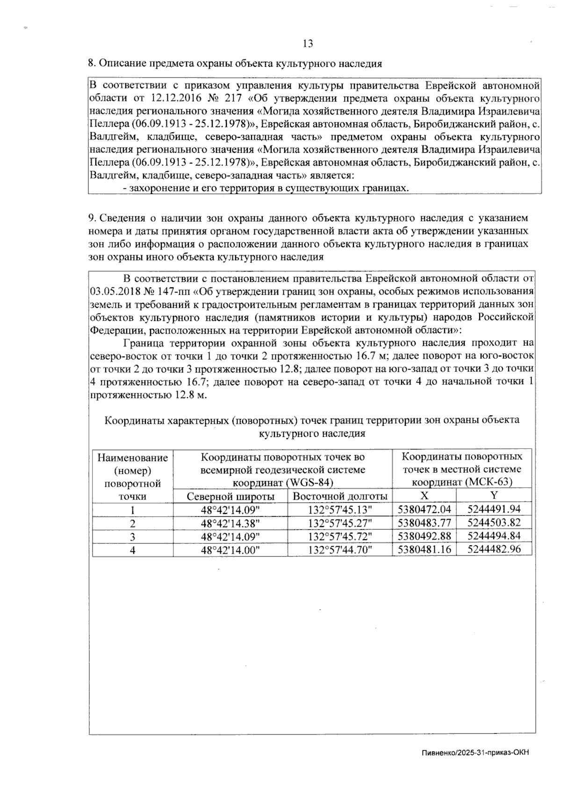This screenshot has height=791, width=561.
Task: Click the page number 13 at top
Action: click(308, 44)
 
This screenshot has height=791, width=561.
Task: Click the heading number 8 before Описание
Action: click(91, 64)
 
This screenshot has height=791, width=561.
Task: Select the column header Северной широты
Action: click(230, 496)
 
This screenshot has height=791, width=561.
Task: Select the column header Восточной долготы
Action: click(340, 496)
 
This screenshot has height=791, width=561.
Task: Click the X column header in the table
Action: click(424, 495)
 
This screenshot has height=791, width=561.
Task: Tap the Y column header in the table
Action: click(494, 495)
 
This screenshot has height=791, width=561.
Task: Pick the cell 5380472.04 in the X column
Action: click(424, 509)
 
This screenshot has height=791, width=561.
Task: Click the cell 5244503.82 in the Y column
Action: click(494, 522)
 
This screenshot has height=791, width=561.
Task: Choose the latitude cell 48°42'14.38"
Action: click(230, 523)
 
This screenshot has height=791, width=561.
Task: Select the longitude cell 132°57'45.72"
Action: click(340, 536)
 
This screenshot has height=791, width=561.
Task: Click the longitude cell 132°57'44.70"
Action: click(340, 550)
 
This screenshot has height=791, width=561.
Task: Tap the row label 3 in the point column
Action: click(133, 536)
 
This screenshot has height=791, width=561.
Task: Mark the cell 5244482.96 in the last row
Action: click(494, 549)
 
